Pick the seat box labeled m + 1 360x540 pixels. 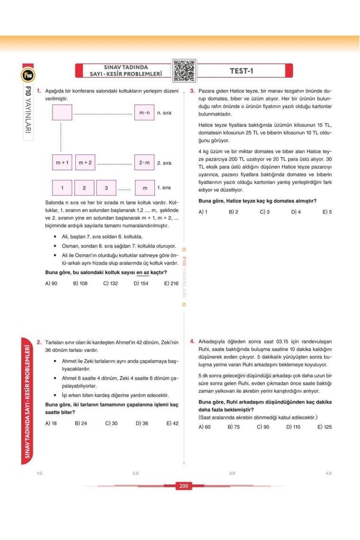[62, 163]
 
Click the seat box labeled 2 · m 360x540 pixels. [144, 163]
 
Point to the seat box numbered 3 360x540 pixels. [107, 188]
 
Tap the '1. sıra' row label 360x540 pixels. [164, 188]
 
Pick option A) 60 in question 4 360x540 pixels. [204, 427]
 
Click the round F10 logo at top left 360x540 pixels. [26, 74]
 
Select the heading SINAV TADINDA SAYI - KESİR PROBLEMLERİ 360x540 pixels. [123, 71]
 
